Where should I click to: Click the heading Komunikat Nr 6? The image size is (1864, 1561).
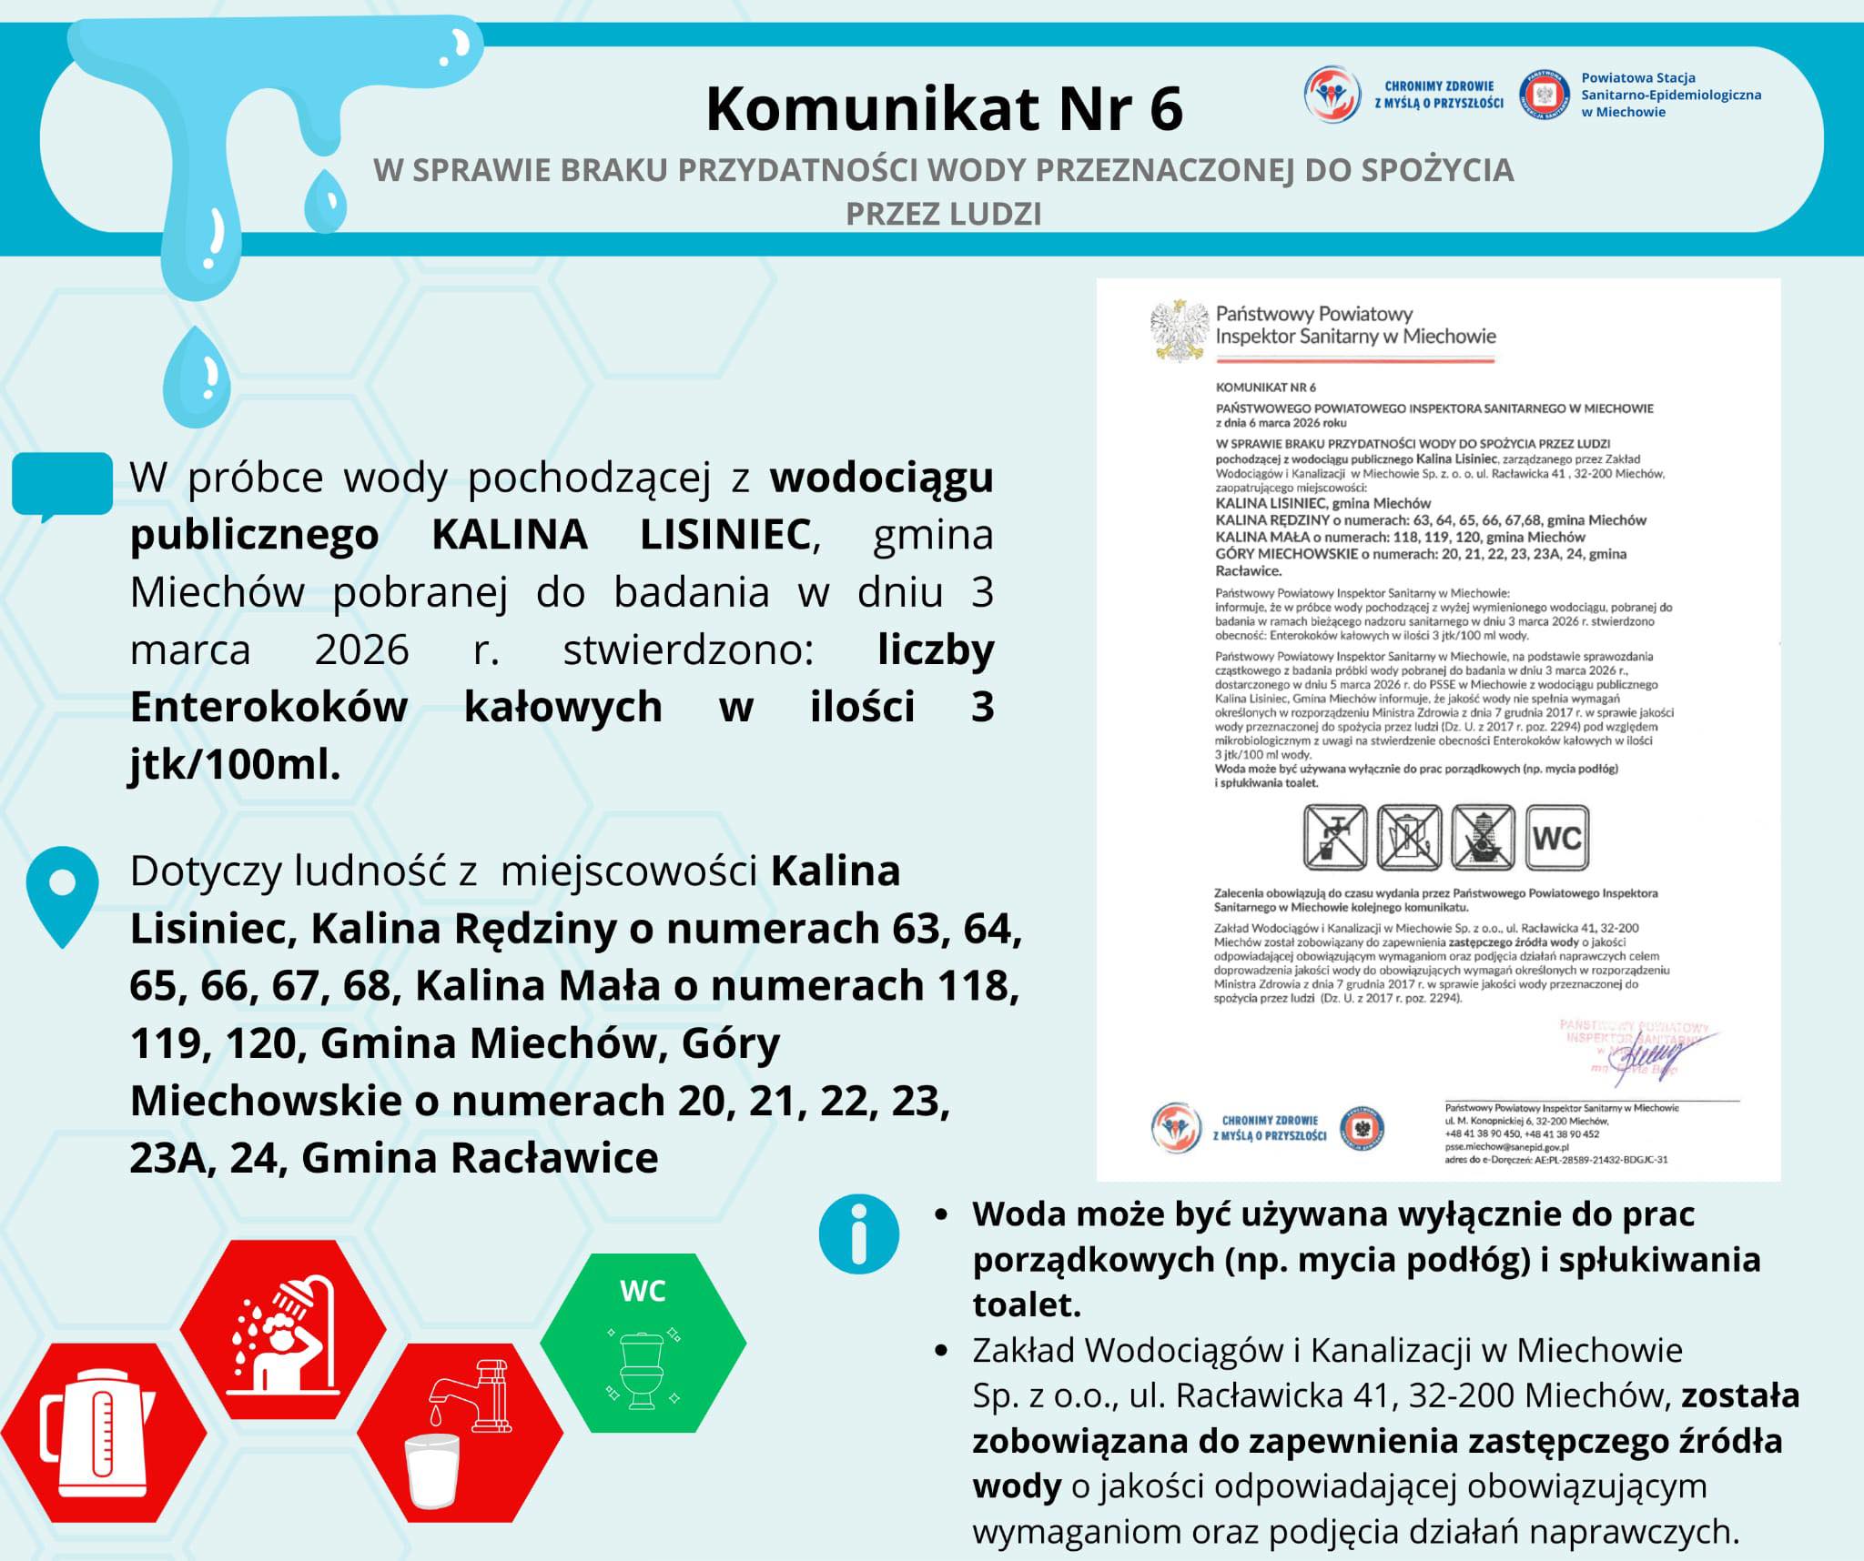[944, 109]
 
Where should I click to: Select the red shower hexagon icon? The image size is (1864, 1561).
[283, 1329]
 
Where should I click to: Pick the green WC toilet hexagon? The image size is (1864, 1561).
[643, 1343]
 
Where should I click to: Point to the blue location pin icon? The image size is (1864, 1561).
[62, 895]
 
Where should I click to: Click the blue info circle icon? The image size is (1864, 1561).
[858, 1234]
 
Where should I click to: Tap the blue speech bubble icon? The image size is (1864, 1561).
[62, 485]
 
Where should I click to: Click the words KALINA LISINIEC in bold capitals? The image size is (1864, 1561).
[621, 535]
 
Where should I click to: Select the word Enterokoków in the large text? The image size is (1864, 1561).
[268, 707]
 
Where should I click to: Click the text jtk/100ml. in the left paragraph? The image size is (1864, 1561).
[235, 765]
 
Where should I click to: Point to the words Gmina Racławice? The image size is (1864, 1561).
[480, 1158]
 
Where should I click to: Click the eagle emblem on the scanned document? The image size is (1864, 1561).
[1179, 329]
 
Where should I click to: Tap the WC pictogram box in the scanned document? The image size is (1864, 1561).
[1556, 837]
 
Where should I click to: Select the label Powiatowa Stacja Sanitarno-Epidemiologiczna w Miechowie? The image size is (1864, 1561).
[1670, 95]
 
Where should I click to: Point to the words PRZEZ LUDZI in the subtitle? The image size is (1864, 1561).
[943, 214]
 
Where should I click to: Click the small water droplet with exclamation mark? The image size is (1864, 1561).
[196, 376]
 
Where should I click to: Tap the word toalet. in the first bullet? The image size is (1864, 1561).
[1027, 1305]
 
